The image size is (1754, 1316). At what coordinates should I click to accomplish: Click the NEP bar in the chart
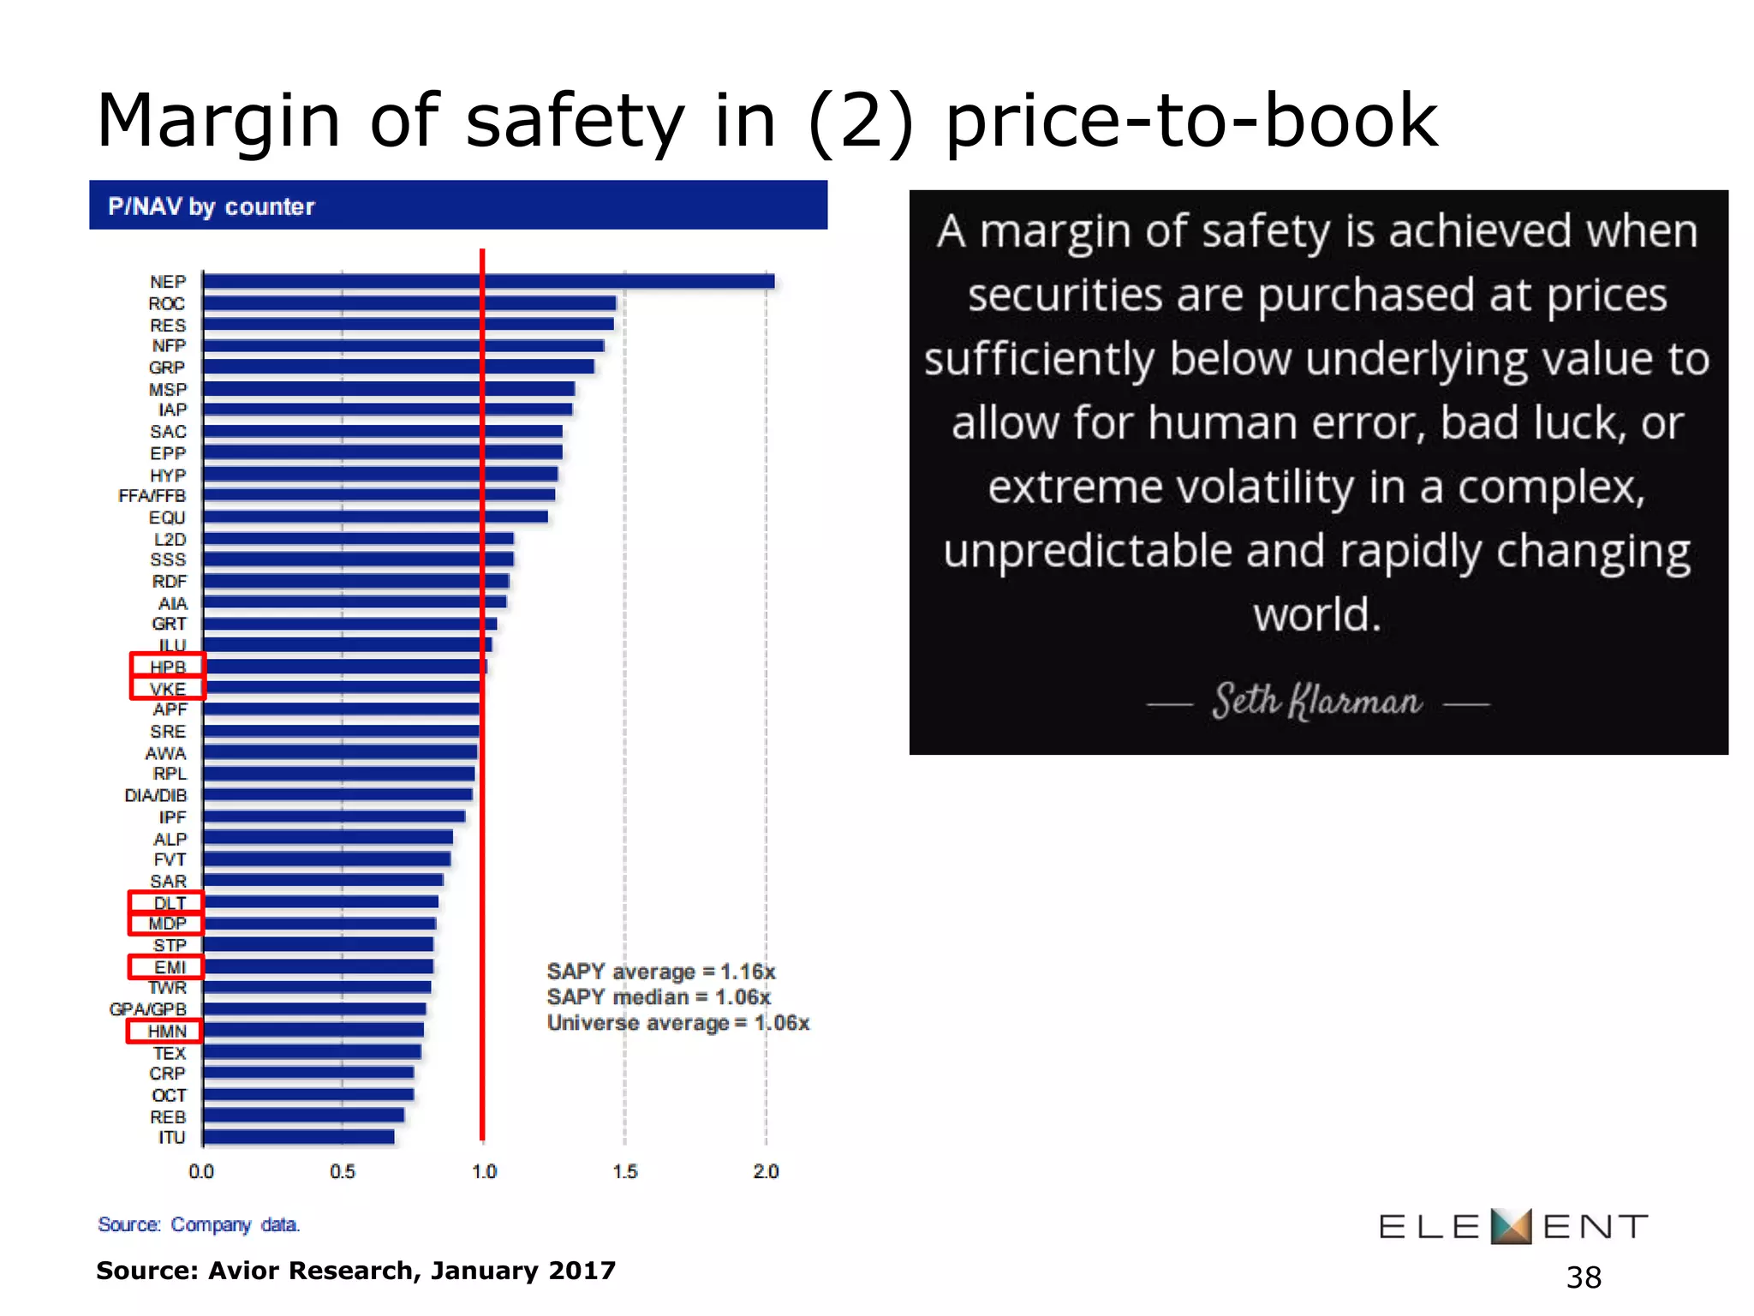(x=488, y=281)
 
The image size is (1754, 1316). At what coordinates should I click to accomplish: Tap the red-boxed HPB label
(x=167, y=666)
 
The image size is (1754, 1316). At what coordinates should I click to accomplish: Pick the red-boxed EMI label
(x=168, y=966)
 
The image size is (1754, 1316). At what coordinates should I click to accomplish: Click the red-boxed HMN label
(x=165, y=1031)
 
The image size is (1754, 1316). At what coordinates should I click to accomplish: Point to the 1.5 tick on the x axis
(x=624, y=1171)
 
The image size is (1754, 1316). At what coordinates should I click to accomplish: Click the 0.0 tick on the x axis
(x=201, y=1171)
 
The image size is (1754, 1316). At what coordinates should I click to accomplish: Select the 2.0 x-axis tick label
(x=766, y=1171)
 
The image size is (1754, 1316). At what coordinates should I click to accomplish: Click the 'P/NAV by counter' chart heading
(x=211, y=206)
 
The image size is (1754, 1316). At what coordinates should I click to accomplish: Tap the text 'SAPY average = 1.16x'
(x=660, y=972)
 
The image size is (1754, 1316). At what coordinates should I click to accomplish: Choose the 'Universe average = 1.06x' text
(x=677, y=1023)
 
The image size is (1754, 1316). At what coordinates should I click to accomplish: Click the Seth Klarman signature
(x=1316, y=702)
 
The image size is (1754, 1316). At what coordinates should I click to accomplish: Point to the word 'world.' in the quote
(x=1317, y=614)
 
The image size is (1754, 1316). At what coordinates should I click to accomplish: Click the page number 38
(x=1583, y=1277)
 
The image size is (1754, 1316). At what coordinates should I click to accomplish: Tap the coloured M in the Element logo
(x=1511, y=1226)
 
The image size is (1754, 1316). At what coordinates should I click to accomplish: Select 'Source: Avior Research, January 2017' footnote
(x=355, y=1271)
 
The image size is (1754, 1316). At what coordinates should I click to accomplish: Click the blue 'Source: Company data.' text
(x=199, y=1224)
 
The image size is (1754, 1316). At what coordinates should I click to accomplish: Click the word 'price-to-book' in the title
(x=1190, y=122)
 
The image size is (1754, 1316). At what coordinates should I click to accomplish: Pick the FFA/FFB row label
(x=152, y=495)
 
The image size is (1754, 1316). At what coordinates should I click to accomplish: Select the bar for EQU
(x=375, y=517)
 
